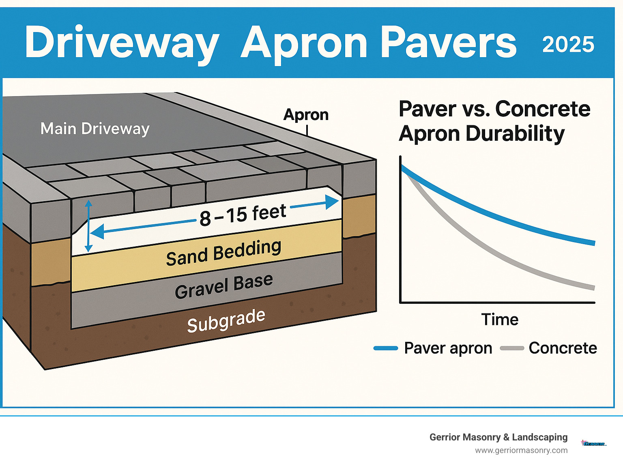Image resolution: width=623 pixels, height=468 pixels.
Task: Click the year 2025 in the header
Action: (x=568, y=45)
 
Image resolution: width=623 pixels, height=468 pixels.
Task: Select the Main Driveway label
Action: (x=95, y=129)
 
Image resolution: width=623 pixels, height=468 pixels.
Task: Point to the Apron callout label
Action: (x=306, y=114)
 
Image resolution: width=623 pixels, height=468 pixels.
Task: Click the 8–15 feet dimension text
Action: (x=243, y=215)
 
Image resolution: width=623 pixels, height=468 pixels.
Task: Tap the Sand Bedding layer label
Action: (x=223, y=253)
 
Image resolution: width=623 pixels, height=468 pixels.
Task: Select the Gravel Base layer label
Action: (x=223, y=286)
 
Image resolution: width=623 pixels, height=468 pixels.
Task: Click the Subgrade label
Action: (x=226, y=321)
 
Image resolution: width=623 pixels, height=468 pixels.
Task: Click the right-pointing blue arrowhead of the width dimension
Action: (x=333, y=202)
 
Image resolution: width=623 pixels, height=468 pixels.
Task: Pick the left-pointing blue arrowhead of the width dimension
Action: (x=96, y=233)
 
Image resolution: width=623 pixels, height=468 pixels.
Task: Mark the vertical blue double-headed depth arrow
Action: (x=88, y=226)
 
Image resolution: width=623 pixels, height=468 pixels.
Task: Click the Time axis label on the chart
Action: (x=500, y=320)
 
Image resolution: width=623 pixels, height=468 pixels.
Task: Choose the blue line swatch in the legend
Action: (x=385, y=348)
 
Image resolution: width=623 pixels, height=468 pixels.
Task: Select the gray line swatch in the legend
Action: (x=512, y=348)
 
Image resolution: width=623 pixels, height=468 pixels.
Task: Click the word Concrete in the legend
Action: (x=563, y=348)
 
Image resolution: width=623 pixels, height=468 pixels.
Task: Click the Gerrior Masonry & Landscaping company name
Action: (x=498, y=437)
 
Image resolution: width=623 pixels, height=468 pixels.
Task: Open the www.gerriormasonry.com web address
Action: (x=521, y=450)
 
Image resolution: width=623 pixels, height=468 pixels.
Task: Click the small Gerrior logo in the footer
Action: (x=594, y=444)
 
